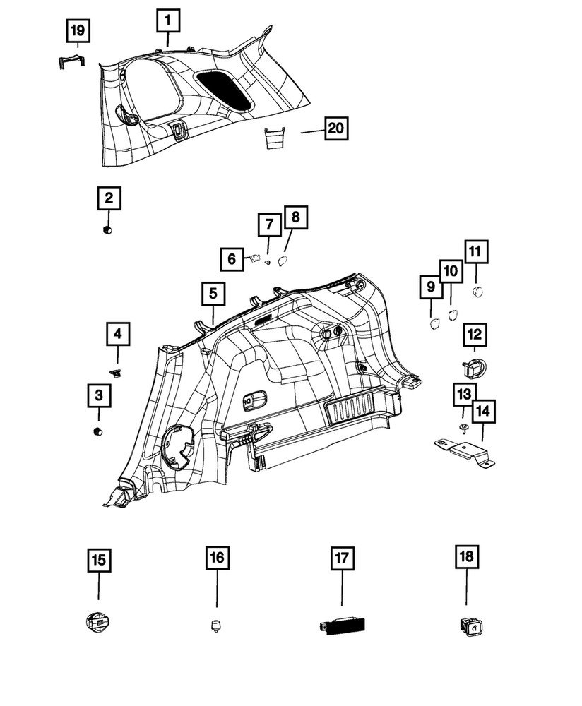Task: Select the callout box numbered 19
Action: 78,31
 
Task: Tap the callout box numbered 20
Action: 336,128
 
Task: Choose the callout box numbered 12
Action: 475,335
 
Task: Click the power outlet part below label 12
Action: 475,367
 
